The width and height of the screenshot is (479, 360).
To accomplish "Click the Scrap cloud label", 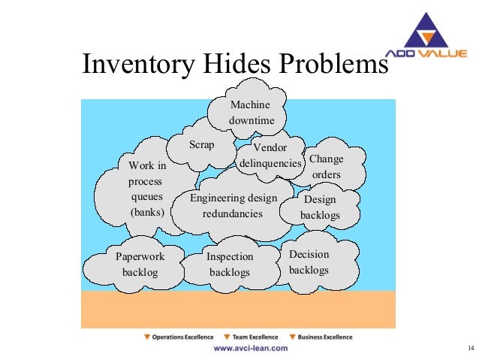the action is tap(201, 145).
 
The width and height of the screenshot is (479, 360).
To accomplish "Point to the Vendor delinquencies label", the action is tap(270, 155).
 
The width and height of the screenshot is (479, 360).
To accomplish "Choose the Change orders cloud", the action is tap(326, 167).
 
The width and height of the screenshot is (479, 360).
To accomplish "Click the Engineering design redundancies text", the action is tap(233, 205).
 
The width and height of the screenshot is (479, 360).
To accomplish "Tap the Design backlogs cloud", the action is tap(320, 207).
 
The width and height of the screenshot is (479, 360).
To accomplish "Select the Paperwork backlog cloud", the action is tap(140, 264).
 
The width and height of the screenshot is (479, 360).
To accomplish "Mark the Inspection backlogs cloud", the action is tap(230, 264).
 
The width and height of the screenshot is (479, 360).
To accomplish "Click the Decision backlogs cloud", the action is tap(309, 262).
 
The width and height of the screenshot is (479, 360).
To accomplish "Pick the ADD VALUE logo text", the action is tap(428, 53).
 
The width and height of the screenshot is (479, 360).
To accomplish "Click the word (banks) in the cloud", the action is tap(147, 211).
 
